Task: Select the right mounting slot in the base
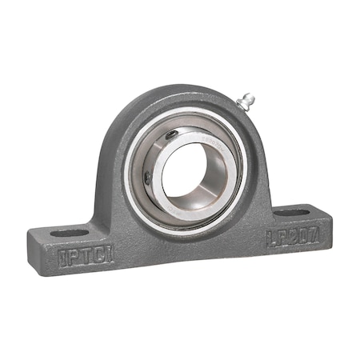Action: click(292, 214)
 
